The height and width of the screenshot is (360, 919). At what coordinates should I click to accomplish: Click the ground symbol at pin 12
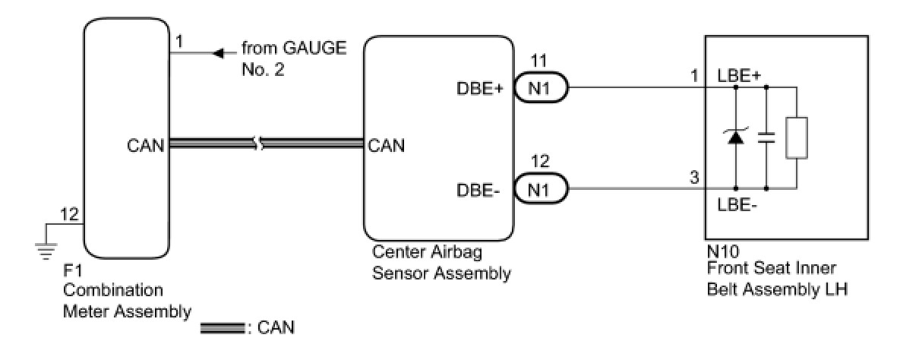click(x=46, y=251)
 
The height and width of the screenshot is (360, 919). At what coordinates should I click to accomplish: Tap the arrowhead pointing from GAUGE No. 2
click(x=219, y=53)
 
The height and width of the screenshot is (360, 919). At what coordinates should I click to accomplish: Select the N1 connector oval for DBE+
click(x=541, y=87)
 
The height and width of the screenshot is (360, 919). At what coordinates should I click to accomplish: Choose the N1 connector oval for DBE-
click(x=541, y=189)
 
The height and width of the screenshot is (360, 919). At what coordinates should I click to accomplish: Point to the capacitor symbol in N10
click(x=766, y=138)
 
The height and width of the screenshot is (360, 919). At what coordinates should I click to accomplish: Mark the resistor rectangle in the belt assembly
click(x=796, y=138)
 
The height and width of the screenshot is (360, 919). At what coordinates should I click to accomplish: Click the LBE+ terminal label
click(x=739, y=76)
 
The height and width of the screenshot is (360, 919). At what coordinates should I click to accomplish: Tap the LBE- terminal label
click(x=737, y=204)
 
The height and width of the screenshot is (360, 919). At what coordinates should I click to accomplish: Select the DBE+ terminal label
click(x=479, y=88)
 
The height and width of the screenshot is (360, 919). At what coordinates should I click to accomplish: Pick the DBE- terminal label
click(x=478, y=190)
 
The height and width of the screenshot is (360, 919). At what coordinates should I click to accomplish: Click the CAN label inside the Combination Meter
click(x=145, y=146)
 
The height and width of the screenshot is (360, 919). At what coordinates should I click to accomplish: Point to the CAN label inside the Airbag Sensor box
click(x=386, y=146)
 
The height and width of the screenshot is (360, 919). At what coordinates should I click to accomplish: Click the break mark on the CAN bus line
click(x=259, y=144)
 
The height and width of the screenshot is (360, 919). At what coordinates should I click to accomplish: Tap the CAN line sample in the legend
click(x=223, y=328)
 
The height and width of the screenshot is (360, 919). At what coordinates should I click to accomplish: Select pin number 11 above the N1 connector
click(x=538, y=61)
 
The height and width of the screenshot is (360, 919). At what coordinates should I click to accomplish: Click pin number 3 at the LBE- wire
click(x=694, y=178)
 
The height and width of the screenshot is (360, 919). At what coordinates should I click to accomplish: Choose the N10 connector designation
click(x=723, y=251)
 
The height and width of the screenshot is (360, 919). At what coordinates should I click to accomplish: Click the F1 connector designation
click(x=73, y=270)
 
